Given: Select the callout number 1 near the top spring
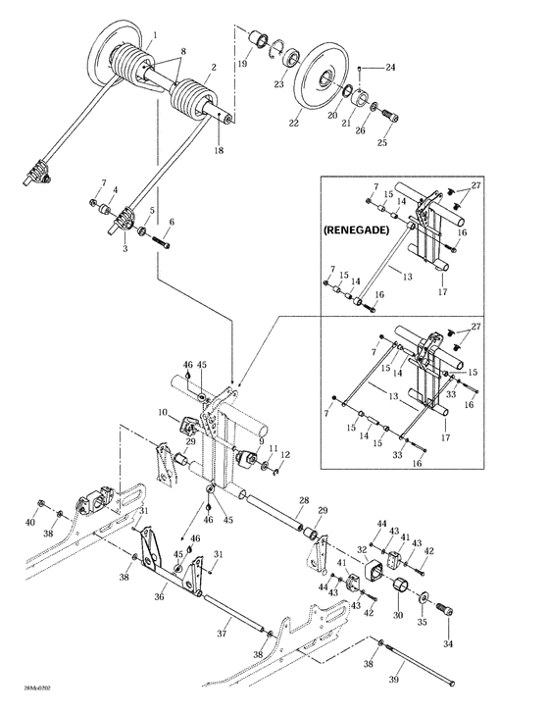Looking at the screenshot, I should click(x=153, y=35).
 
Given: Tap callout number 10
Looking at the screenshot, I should click(x=164, y=414).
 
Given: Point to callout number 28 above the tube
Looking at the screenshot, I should click(x=304, y=501).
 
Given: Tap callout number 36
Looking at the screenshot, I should click(x=161, y=595).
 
